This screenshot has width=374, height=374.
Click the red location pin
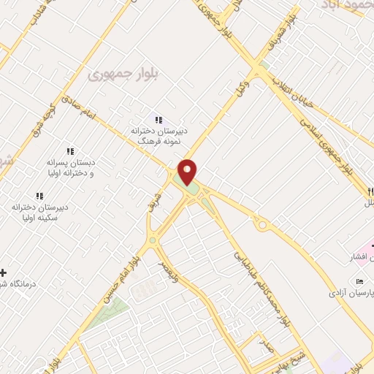click(188, 172)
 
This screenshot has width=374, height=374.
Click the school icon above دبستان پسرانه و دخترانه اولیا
click(70, 150)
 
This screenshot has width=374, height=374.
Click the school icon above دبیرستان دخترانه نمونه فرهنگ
click(158, 120)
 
